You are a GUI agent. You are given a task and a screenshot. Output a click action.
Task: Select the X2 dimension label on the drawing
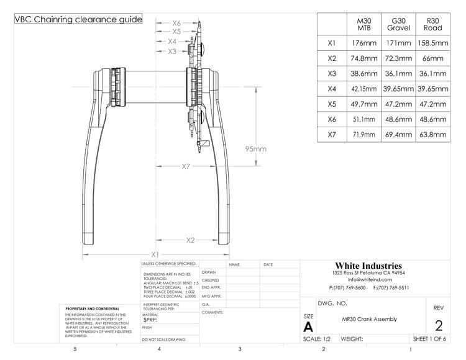coord(190,240)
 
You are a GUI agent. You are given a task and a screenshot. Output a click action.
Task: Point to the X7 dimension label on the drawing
coord(186,166)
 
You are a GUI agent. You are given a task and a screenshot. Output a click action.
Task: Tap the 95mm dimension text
coord(255,149)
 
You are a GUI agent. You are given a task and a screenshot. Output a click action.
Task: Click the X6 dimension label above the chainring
coord(176,22)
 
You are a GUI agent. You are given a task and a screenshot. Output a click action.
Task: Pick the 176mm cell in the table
coord(365,44)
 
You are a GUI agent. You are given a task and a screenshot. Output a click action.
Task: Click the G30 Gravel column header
coord(398,24)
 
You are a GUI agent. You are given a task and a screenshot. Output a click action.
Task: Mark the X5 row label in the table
coord(332,104)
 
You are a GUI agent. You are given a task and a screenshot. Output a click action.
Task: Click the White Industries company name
coord(368,266)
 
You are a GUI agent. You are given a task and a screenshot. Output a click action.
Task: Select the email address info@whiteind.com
coord(368,280)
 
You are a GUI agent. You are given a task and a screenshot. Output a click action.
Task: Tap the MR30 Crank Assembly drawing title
coord(369,320)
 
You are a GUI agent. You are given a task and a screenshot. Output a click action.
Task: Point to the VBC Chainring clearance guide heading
coord(78,19)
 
